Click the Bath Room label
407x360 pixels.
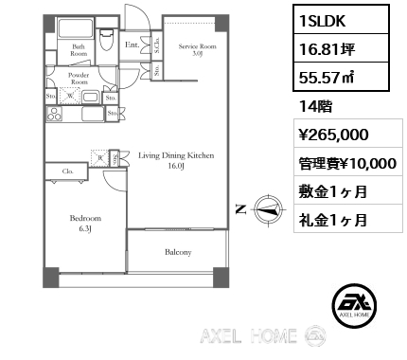tap(79, 50)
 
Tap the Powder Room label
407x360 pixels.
tap(80, 79)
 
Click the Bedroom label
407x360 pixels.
tap(86, 223)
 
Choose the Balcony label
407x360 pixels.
tap(178, 252)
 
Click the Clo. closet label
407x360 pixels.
tap(69, 171)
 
